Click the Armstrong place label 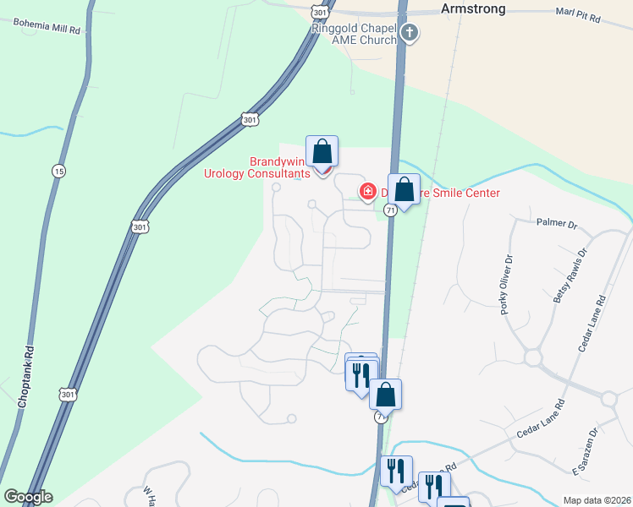473,8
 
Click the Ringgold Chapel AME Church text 355,33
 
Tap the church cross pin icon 410,33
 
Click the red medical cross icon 368,191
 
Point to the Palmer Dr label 556,224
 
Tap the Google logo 28,497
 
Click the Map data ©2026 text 597,500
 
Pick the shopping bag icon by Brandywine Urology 322,152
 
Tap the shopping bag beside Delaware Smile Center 405,189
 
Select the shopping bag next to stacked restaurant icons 385,395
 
